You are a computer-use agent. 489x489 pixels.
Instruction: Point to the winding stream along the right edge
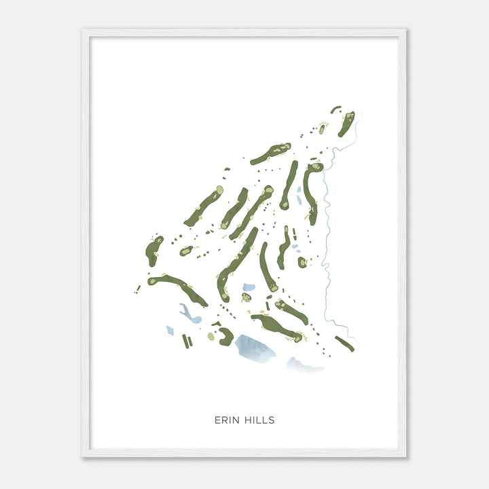(327, 224)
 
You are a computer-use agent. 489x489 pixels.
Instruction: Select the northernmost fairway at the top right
(346, 123)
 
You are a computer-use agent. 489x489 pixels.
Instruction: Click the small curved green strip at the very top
(336, 109)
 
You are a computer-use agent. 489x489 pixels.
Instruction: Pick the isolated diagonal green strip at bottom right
(344, 344)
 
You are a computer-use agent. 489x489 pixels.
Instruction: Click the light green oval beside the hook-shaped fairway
(211, 336)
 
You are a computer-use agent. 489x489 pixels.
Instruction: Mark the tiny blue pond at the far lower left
(170, 331)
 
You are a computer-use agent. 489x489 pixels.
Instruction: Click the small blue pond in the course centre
(249, 287)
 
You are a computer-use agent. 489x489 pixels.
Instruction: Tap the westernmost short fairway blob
(153, 251)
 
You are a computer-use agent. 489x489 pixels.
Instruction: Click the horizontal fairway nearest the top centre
(270, 153)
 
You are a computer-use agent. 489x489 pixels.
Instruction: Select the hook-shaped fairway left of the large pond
(225, 335)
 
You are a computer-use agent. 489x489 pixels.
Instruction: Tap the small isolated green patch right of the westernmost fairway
(185, 251)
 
